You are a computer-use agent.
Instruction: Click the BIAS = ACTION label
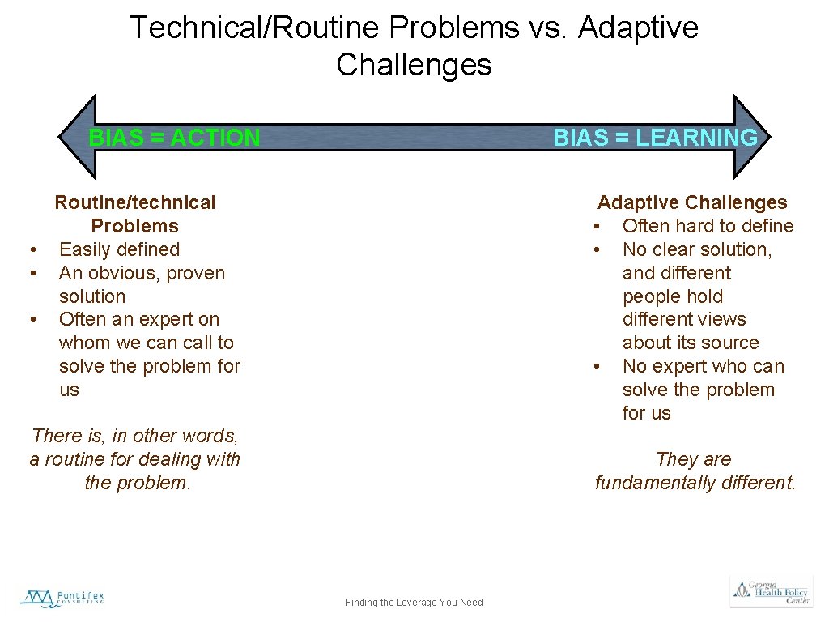[174, 138]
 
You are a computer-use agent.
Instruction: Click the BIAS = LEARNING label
[655, 138]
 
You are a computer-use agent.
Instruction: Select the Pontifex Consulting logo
[62, 599]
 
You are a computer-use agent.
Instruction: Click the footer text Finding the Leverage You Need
[414, 602]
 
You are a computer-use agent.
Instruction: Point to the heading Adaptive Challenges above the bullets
[692, 202]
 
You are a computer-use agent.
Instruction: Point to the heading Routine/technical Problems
[134, 214]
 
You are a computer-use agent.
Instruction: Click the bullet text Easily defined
[119, 249]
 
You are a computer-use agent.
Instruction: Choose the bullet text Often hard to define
[708, 226]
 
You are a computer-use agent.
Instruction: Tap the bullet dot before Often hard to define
[597, 226]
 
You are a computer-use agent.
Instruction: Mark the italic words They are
[694, 459]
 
